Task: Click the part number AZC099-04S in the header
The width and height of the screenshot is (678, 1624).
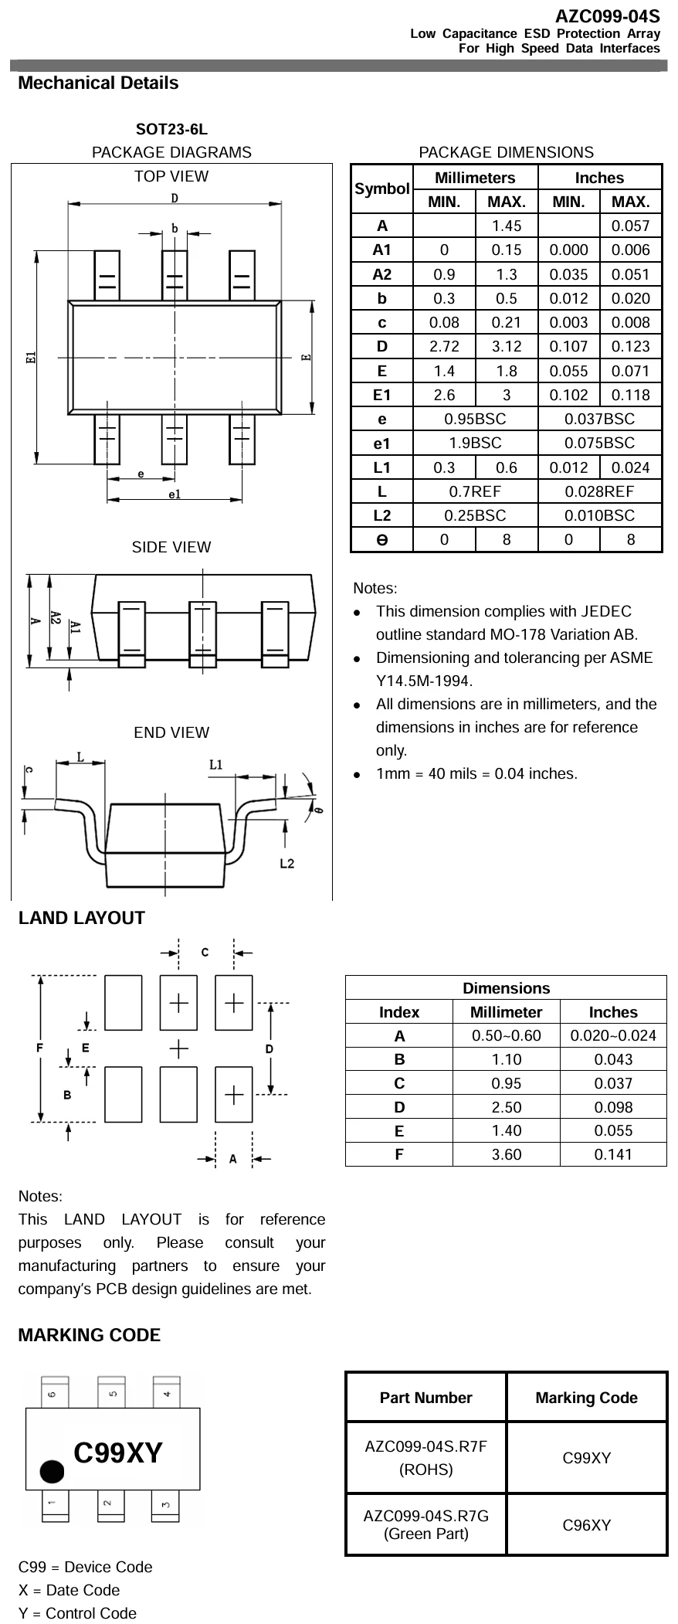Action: tap(607, 16)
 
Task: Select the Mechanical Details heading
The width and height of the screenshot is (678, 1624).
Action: tap(98, 83)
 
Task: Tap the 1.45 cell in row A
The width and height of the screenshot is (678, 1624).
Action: tap(507, 226)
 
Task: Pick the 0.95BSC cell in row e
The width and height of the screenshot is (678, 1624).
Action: tap(475, 419)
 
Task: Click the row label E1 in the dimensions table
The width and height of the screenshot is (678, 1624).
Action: tap(381, 395)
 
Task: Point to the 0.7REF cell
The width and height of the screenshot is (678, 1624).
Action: tap(475, 491)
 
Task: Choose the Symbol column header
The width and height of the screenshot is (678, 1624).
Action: tap(381, 189)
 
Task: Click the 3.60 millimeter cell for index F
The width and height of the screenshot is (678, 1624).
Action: tap(507, 1154)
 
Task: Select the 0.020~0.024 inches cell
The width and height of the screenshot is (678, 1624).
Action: tap(613, 1035)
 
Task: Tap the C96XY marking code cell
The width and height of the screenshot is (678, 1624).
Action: tap(586, 1525)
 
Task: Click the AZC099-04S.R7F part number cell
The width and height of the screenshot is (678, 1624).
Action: tap(425, 1457)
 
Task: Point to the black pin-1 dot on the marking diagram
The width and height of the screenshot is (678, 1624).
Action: tap(53, 1472)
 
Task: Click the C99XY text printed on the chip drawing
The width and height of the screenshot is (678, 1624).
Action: tap(118, 1453)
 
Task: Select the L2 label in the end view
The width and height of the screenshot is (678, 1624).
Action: tap(286, 863)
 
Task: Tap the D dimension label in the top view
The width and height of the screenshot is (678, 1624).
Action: tap(175, 199)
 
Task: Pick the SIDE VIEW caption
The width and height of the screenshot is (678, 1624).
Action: tap(171, 548)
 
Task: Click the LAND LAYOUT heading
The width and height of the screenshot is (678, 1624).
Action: tap(81, 918)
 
